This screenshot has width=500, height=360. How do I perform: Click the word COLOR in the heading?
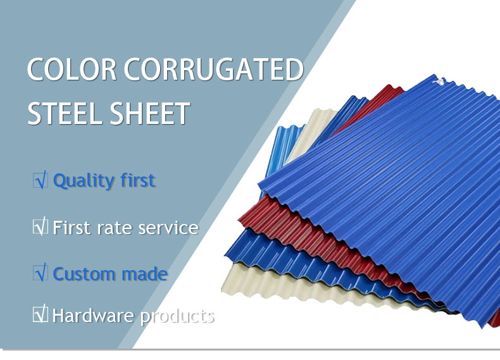coord(72,69)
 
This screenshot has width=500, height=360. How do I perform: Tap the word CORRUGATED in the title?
coord(214,69)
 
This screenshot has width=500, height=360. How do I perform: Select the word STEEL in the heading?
coord(64,113)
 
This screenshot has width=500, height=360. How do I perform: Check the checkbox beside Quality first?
coord(41,180)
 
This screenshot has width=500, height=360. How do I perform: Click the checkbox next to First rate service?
coord(41,227)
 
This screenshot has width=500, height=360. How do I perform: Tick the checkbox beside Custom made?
coord(41,273)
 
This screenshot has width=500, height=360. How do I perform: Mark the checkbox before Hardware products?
coord(41,314)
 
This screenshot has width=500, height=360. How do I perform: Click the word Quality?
coord(84,181)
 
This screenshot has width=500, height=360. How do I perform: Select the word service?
coord(168,228)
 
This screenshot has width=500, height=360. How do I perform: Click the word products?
coord(177,316)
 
